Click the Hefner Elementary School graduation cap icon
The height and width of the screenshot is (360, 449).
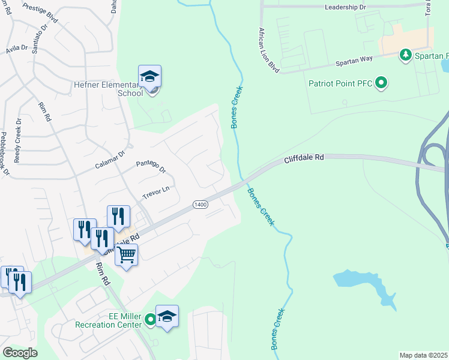[x=149, y=76]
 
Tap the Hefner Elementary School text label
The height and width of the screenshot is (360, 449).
[x=108, y=89]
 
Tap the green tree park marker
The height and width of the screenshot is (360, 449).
[x=406, y=55]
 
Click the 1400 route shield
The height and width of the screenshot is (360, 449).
[x=200, y=205]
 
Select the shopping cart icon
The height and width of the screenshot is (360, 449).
[x=126, y=255]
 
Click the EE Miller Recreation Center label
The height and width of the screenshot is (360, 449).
[x=108, y=320]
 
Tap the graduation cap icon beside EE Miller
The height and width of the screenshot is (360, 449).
[x=167, y=317]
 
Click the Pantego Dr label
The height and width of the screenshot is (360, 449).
[x=151, y=166]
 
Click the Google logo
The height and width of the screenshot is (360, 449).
[x=20, y=353]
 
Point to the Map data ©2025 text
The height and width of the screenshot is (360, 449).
[x=423, y=355]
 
